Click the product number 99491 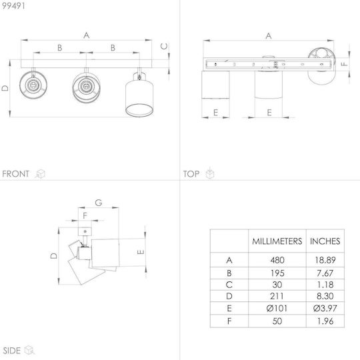pyautogui.click(x=13, y=6)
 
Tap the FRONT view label pyautogui.click(x=15, y=174)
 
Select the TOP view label pyautogui.click(x=191, y=174)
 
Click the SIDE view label pyautogui.click(x=12, y=351)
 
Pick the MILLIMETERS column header pyautogui.click(x=277, y=241)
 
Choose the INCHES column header pyautogui.click(x=325, y=241)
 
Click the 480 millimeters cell pyautogui.click(x=277, y=260)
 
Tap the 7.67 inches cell pyautogui.click(x=325, y=273)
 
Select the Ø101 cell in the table pyautogui.click(x=277, y=308)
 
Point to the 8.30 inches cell pyautogui.click(x=325, y=296)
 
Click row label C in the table pyautogui.click(x=229, y=285)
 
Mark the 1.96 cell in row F pyautogui.click(x=325, y=321)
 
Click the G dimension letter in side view pyautogui.click(x=99, y=203)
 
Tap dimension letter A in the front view pyautogui.click(x=86, y=35)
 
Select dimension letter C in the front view pyautogui.click(x=164, y=47)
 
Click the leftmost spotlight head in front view pyautogui.click(x=33, y=85)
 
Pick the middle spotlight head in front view pyautogui.click(x=86, y=87)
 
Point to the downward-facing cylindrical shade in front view pyautogui.click(x=139, y=95)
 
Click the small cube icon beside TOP pyautogui.click(x=210, y=173)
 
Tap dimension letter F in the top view pyautogui.click(x=344, y=64)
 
